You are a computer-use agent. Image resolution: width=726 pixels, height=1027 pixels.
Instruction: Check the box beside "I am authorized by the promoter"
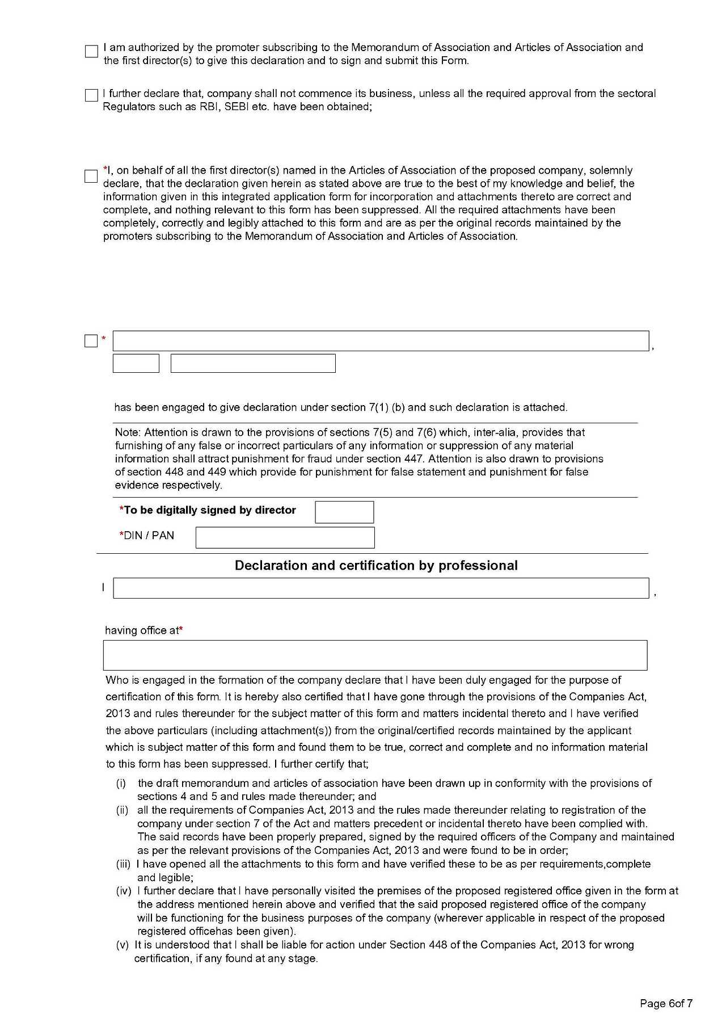click(91, 52)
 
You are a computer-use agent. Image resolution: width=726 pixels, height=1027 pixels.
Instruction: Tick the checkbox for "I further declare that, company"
click(91, 95)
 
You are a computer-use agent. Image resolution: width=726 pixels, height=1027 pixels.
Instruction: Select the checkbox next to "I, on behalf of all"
click(91, 176)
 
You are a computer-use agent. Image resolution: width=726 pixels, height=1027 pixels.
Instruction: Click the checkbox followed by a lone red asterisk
click(91, 341)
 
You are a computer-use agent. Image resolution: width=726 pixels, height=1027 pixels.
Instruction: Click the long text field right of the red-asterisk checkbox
click(381, 341)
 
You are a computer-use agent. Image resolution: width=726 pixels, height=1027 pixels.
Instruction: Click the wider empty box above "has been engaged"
click(253, 363)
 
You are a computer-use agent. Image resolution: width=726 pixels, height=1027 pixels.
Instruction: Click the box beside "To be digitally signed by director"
click(344, 512)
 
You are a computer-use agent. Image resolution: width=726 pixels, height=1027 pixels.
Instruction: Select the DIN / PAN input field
click(285, 537)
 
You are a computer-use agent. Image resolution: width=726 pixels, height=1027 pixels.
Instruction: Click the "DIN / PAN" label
click(149, 536)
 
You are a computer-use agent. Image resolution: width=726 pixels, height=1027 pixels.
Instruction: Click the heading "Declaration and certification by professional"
click(376, 566)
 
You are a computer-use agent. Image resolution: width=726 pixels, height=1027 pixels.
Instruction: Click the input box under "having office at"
click(375, 655)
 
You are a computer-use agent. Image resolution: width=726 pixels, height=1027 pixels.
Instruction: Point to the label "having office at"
click(142, 630)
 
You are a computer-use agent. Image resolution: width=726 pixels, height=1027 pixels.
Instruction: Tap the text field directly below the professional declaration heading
click(381, 588)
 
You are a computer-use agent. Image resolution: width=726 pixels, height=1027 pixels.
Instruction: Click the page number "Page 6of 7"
click(666, 1004)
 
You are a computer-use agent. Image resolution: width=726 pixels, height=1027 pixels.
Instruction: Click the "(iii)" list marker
click(123, 864)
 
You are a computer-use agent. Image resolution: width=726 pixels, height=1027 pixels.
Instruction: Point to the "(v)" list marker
click(123, 945)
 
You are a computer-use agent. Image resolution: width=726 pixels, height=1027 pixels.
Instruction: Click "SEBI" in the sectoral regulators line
click(237, 107)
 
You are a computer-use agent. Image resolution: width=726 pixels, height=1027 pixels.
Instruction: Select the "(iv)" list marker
click(124, 891)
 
